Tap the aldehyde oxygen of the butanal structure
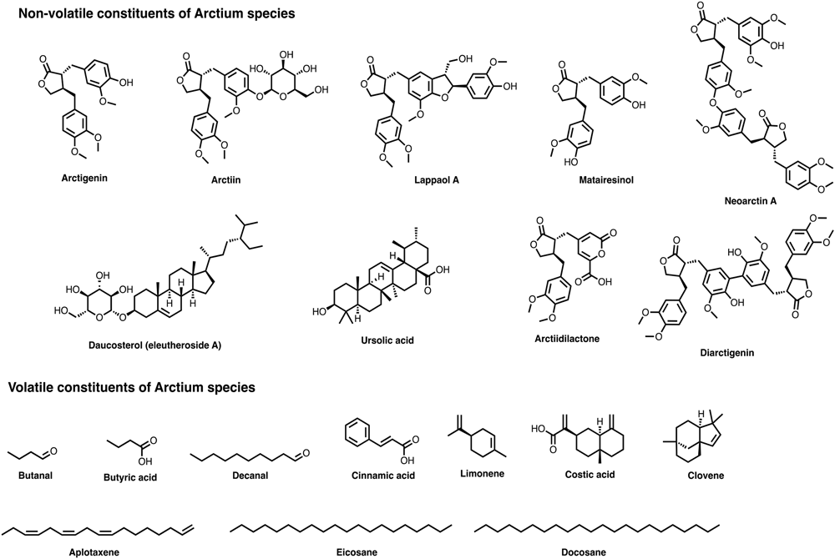tap(54, 451)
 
